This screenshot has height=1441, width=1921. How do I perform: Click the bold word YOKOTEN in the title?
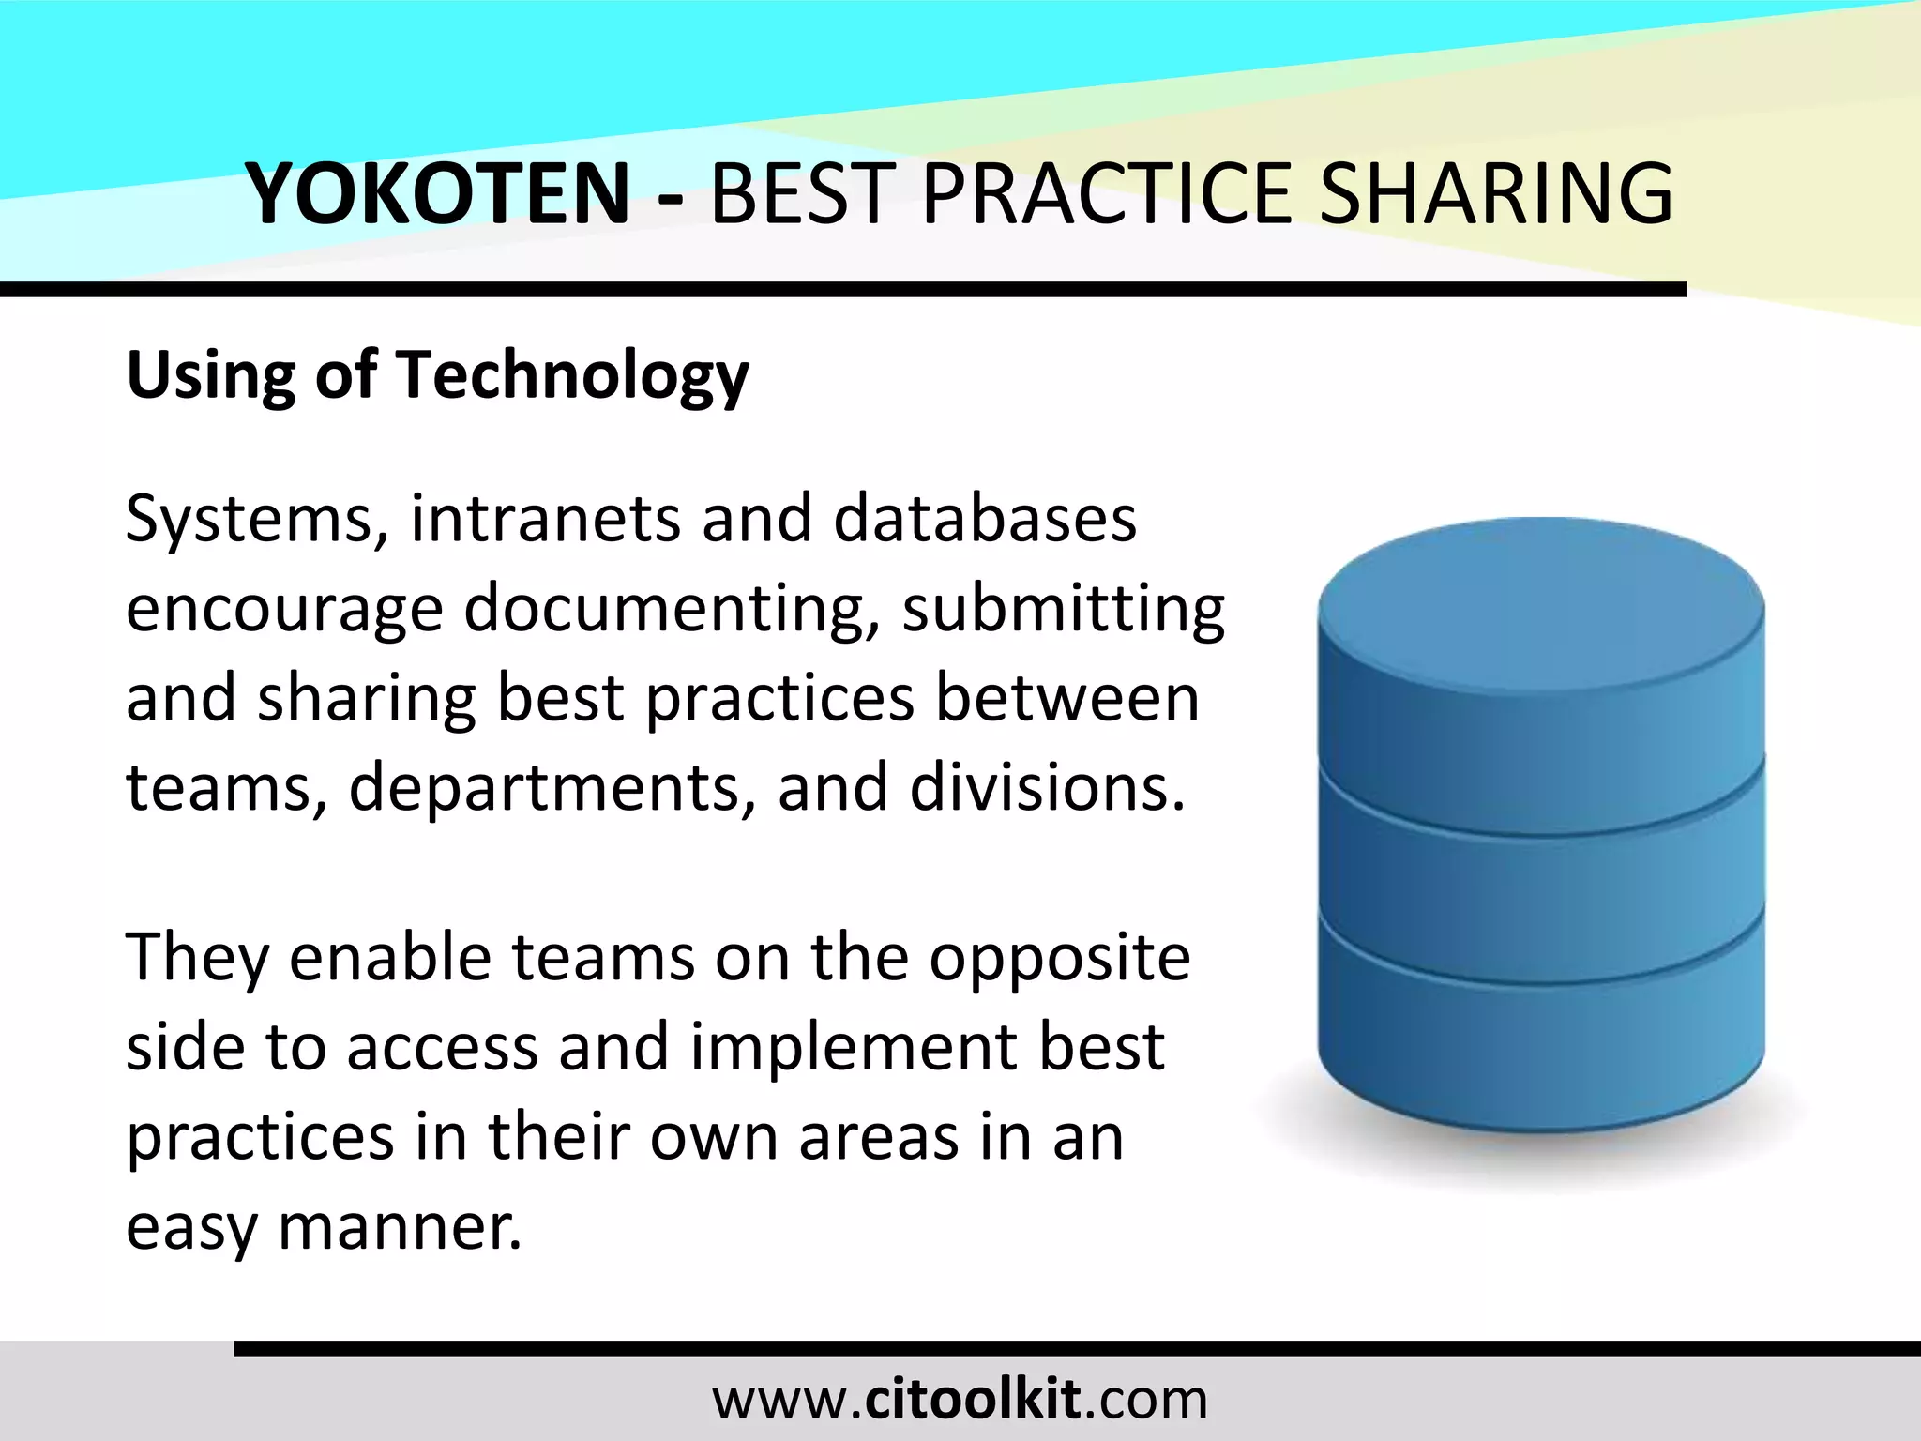(437, 193)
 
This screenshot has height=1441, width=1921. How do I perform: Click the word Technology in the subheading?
(574, 375)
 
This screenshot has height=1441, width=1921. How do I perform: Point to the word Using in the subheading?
(210, 375)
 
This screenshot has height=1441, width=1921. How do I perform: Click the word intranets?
(545, 519)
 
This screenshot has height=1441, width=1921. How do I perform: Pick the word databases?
(985, 519)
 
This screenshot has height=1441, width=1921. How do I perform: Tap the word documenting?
(672, 609)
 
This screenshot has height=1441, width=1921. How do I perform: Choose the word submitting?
(1064, 609)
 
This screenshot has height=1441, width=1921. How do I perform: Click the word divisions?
(1047, 787)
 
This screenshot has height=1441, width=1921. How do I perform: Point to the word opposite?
(1060, 959)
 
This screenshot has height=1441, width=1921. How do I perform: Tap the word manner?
(400, 1225)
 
